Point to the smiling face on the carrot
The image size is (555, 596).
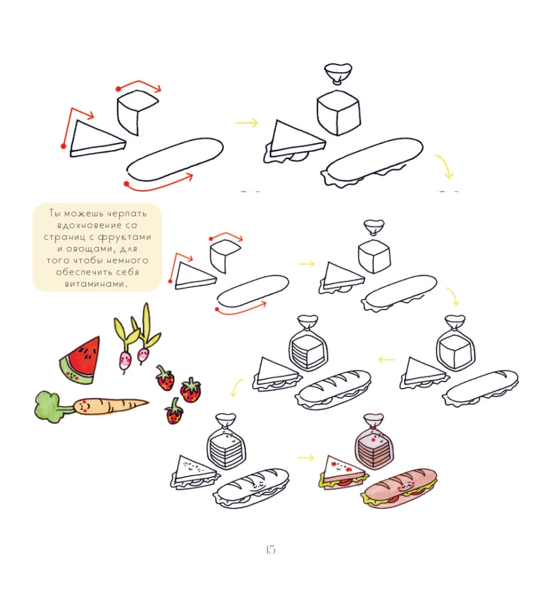click(x=85, y=406)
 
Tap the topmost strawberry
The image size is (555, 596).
click(x=165, y=378)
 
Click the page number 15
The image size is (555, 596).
click(x=270, y=550)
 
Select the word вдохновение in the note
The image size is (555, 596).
click(x=92, y=225)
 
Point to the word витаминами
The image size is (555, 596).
click(x=95, y=284)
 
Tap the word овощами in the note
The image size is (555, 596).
click(x=91, y=249)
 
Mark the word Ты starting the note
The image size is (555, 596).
click(x=54, y=213)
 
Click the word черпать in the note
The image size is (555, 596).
click(x=127, y=213)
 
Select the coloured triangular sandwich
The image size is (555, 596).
click(x=343, y=473)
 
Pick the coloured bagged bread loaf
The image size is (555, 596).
click(x=374, y=442)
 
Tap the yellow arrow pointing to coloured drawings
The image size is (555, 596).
click(x=306, y=458)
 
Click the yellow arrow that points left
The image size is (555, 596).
click(x=386, y=359)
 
